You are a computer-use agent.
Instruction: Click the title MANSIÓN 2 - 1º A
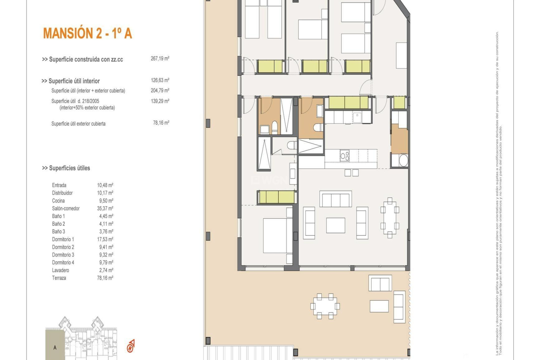click(x=87, y=33)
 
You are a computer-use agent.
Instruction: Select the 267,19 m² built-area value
click(x=160, y=58)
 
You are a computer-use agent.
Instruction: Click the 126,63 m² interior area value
click(x=160, y=80)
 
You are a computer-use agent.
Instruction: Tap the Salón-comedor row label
click(x=66, y=208)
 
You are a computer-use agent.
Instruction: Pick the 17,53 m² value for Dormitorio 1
click(x=105, y=239)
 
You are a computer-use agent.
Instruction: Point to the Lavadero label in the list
click(x=60, y=270)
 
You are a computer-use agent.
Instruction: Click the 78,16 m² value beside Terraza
click(x=105, y=278)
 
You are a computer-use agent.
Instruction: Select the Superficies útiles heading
click(x=66, y=168)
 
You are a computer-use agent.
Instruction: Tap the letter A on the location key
click(x=55, y=348)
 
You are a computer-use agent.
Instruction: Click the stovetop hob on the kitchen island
click(x=345, y=156)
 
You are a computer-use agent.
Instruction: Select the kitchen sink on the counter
click(x=357, y=118)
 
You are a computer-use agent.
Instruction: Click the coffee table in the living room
click(x=336, y=225)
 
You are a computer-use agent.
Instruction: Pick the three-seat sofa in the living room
click(x=336, y=199)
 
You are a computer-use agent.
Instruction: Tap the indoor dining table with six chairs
click(x=390, y=218)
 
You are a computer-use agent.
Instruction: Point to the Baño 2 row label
click(x=58, y=224)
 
